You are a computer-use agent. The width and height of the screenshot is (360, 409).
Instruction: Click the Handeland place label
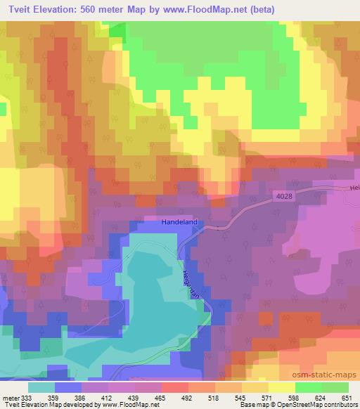coord(179,222)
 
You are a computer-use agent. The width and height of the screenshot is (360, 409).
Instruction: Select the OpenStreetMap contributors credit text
coord(324,404)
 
